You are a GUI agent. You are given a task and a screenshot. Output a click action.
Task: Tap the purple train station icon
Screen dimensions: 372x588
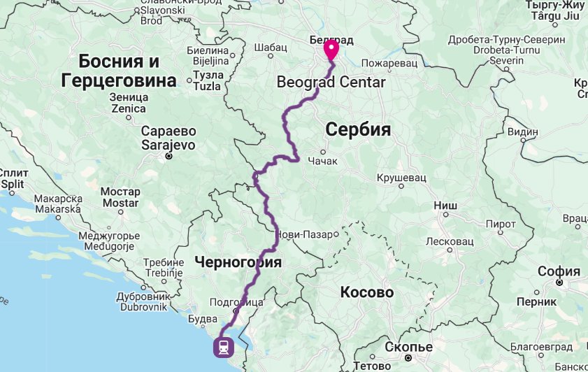[224, 347]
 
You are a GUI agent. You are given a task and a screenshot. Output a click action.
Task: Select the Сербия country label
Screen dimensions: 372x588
[357, 130]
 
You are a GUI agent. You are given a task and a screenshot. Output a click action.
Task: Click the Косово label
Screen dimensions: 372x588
[367, 292]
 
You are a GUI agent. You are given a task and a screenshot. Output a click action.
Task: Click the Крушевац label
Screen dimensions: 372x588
[401, 178]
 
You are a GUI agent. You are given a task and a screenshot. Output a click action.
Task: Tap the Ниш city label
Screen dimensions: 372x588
[445, 206]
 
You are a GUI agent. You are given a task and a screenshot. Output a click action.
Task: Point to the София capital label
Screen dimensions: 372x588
[559, 271]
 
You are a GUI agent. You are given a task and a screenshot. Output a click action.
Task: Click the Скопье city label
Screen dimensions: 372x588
[409, 348]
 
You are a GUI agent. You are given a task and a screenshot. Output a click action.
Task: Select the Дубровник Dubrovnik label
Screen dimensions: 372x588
[143, 301]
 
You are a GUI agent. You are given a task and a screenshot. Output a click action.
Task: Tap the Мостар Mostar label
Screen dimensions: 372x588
[120, 197]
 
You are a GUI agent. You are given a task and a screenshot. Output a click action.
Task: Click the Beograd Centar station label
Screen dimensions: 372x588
[331, 82]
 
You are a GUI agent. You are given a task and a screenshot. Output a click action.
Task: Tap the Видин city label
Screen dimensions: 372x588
[523, 131]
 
